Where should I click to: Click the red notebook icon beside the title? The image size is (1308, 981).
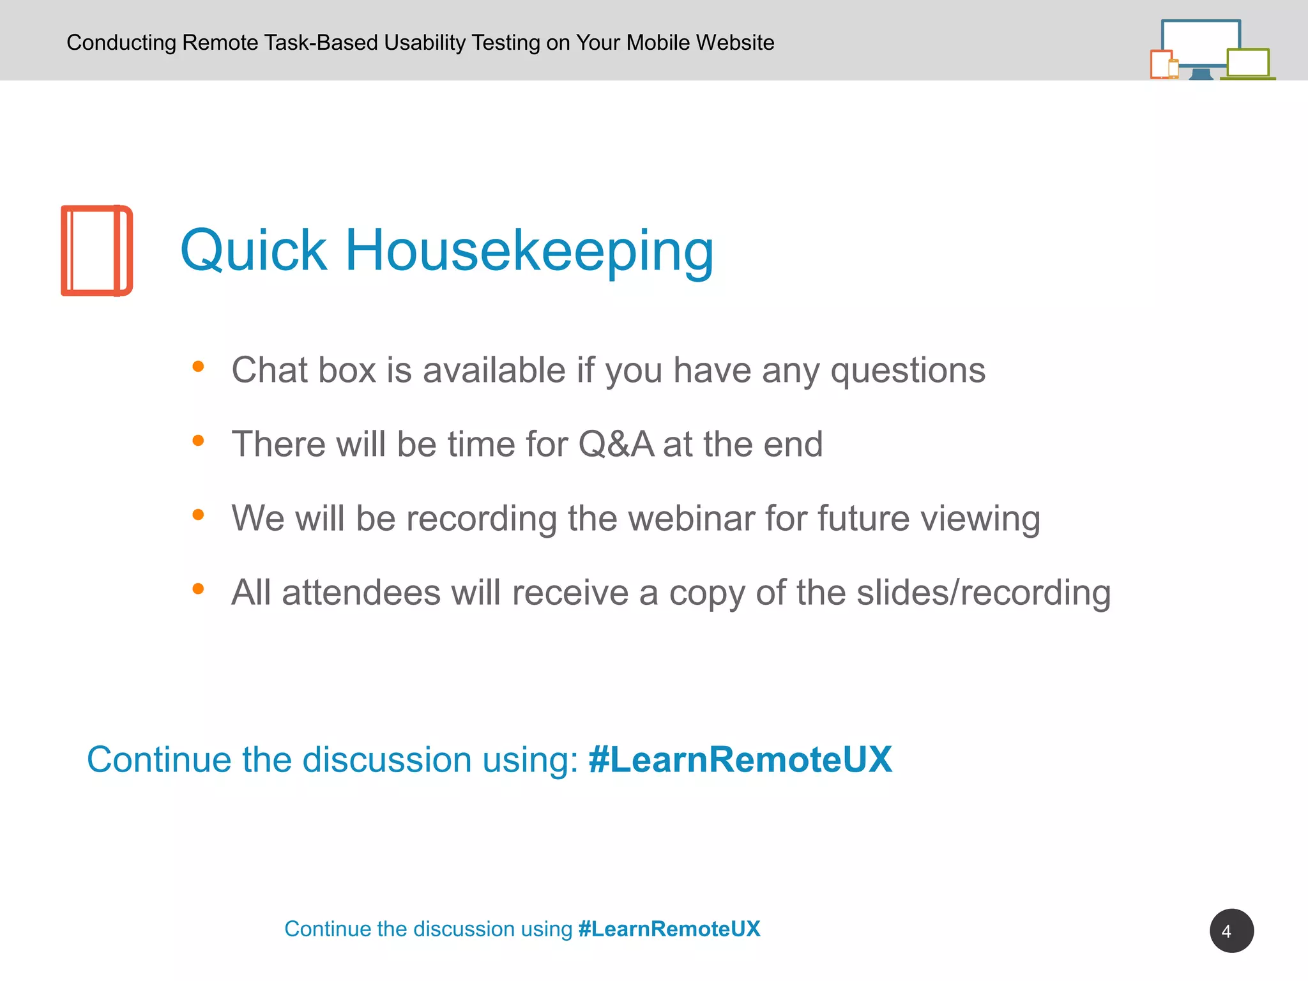96,250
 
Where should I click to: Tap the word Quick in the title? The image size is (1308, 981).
254,250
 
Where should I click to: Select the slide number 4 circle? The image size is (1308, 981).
1231,931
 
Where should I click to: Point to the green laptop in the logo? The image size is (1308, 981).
1247,64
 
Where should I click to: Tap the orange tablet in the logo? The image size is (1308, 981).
1160,64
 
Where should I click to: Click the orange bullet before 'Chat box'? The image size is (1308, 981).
198,367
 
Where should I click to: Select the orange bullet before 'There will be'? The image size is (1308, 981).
198,441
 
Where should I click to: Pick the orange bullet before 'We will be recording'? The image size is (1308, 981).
198,514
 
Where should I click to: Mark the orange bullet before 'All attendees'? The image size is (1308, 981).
198,588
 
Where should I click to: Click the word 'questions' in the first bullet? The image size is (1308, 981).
908,370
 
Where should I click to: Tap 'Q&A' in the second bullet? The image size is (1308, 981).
616,444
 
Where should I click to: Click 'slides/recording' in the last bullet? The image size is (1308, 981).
984,592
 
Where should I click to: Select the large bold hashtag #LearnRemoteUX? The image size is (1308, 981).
740,759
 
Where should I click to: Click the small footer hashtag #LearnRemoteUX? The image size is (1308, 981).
669,929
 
